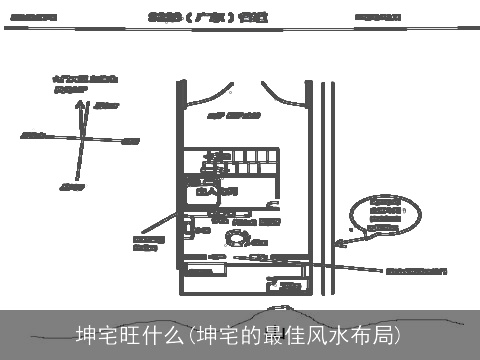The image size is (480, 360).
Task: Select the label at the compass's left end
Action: coord(33,133)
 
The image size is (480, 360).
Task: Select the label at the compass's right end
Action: coord(130,141)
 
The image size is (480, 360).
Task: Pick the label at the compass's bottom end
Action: coord(71,186)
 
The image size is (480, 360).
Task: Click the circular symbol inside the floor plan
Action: coord(240,237)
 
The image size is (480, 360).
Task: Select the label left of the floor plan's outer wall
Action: coord(149,243)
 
